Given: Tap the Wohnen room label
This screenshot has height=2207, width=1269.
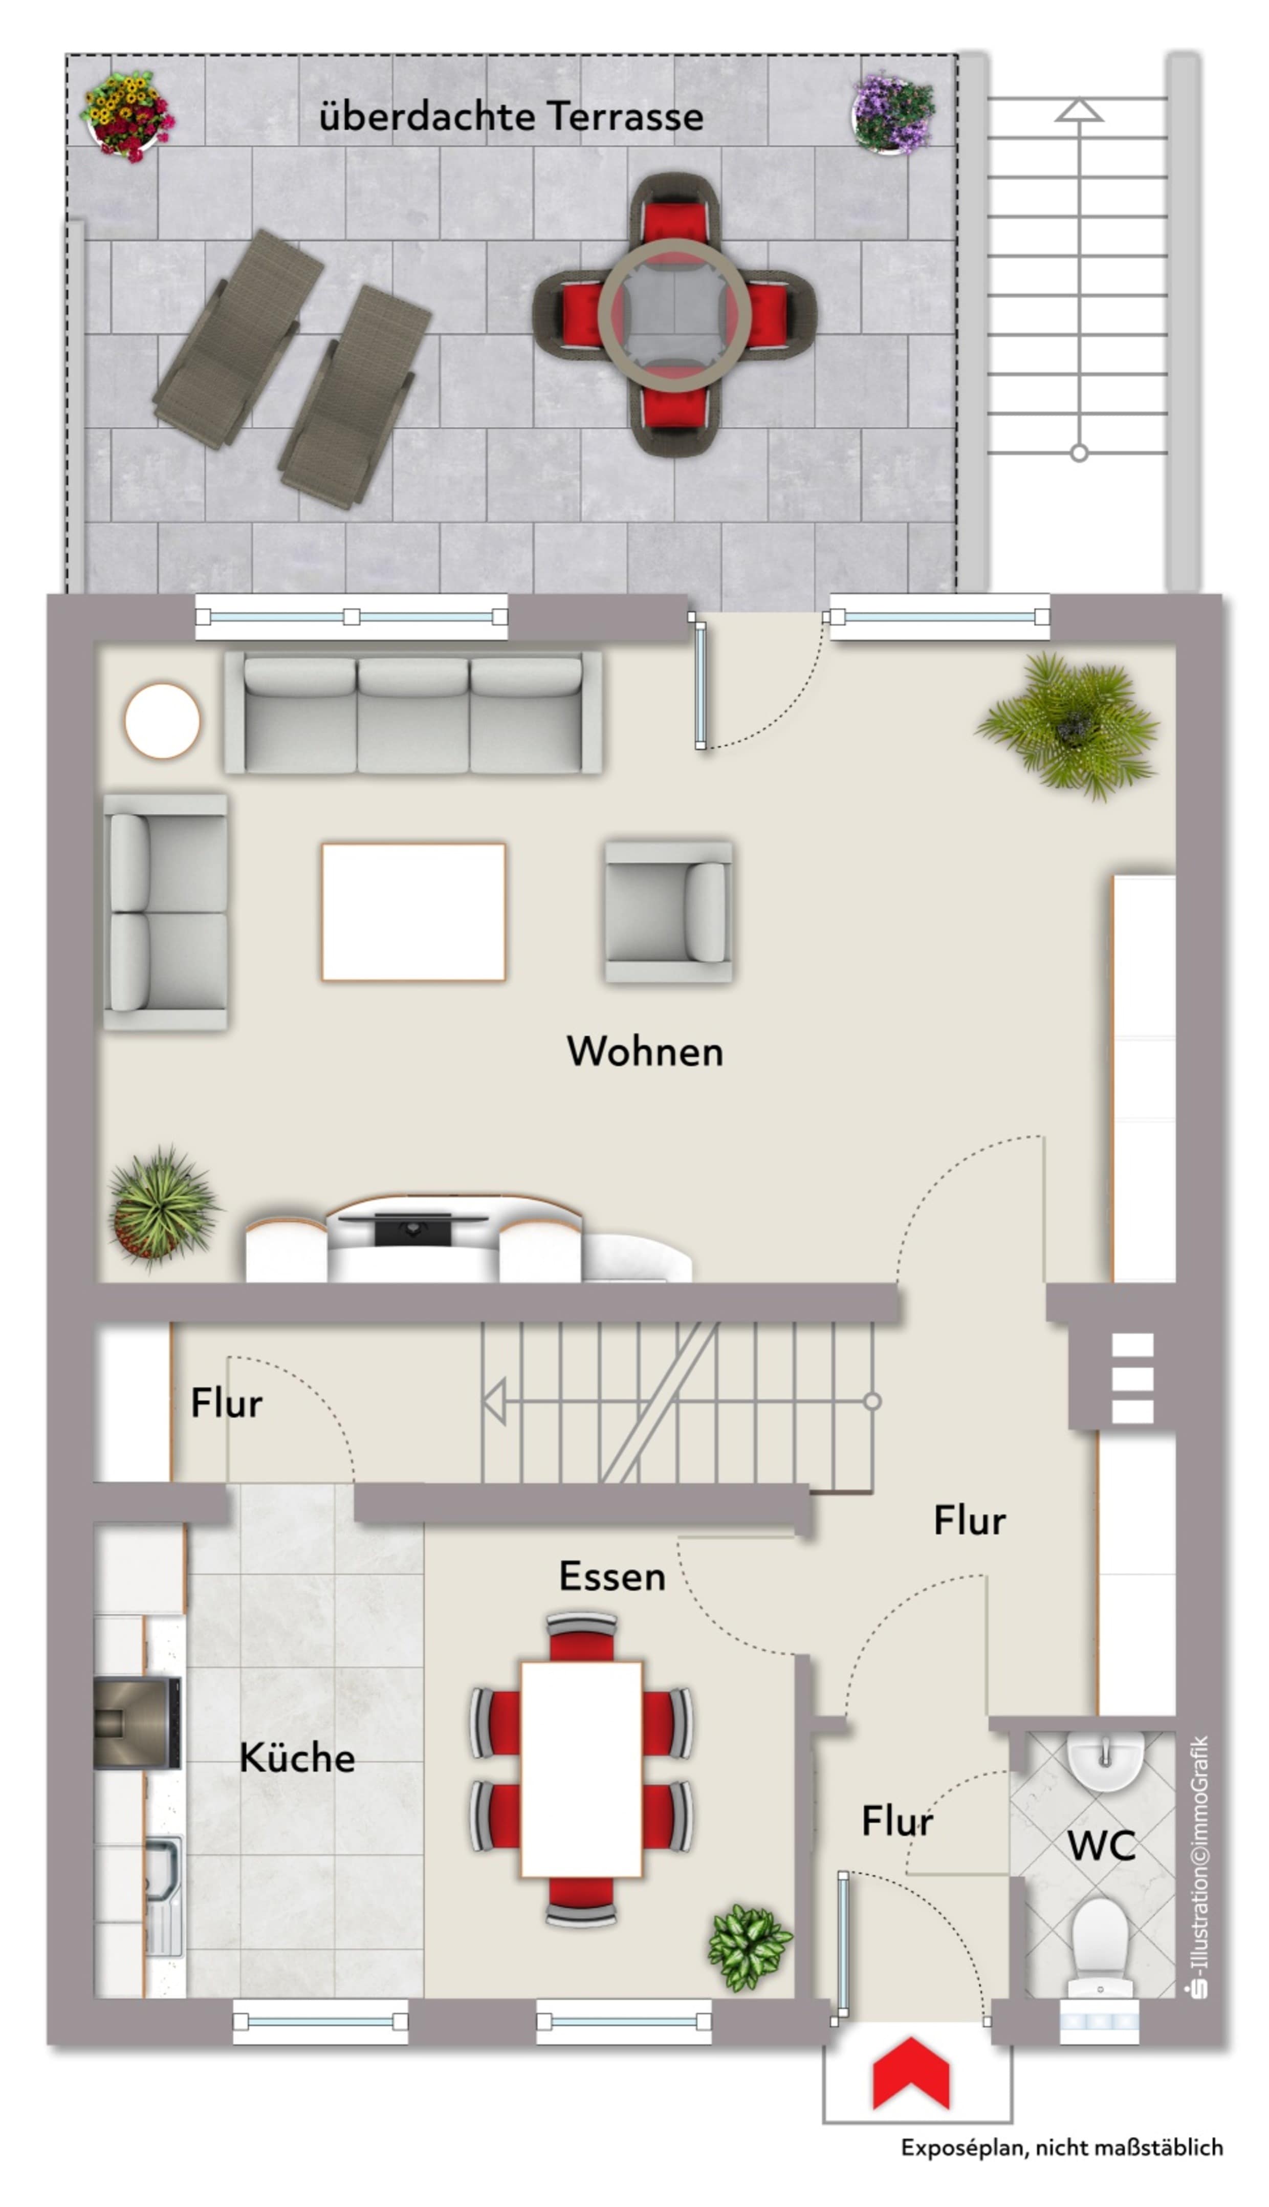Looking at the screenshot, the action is pos(645,1051).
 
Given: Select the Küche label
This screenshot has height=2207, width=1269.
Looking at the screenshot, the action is pos(297,1757).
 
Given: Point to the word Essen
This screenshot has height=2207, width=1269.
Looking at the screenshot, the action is pos(612,1576).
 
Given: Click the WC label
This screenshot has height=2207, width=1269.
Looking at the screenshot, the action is pos(1102,1845).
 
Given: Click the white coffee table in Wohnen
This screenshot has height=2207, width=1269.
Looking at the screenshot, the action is pos(413,912).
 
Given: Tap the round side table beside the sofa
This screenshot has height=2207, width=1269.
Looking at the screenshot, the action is pos(162,721).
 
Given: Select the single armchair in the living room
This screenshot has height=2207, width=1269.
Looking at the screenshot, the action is pos(668,912).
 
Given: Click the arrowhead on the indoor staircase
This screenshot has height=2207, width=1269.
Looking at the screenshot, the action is pos(494,1401).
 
